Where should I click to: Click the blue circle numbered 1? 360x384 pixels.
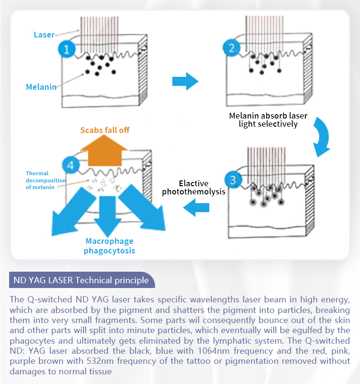tap(67, 49)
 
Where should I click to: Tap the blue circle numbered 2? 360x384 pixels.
tap(231, 48)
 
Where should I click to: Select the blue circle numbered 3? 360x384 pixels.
tap(233, 180)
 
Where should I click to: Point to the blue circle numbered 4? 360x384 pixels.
tap(71, 165)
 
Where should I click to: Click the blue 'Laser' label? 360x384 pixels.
tap(44, 35)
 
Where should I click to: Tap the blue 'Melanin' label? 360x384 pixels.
tap(41, 87)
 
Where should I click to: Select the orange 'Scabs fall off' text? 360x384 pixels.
tap(105, 130)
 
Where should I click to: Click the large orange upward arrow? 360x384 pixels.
tap(104, 151)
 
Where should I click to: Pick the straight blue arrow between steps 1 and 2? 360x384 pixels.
tap(185, 81)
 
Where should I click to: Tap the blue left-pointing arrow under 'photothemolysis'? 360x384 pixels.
tap(196, 207)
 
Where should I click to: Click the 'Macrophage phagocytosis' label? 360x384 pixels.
tap(109, 246)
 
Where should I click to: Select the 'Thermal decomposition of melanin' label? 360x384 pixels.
tap(46, 180)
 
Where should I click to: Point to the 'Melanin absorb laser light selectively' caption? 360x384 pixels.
tap(268, 120)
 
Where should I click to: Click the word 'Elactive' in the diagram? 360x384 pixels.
tap(193, 183)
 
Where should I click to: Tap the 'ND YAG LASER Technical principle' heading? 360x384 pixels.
tap(81, 280)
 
